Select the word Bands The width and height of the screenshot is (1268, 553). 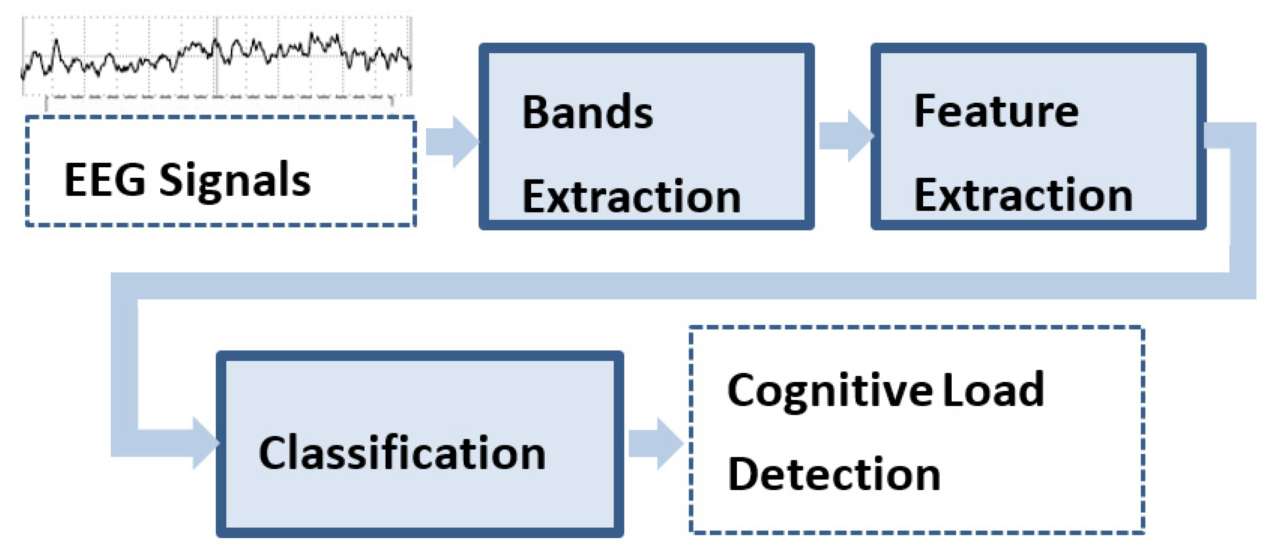point(587,112)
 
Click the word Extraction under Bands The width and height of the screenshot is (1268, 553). point(631,196)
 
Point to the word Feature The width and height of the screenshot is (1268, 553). point(996,111)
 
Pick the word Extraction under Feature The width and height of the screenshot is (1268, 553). point(1024,195)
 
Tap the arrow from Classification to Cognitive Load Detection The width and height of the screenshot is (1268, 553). point(656,443)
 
